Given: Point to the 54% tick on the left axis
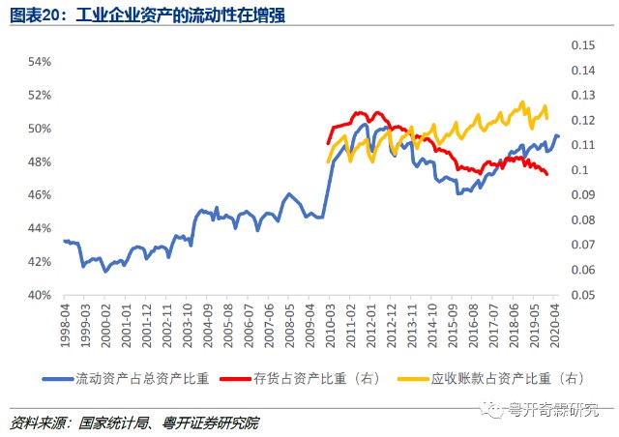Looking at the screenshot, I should point(39,62).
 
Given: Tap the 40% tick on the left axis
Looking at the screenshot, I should point(39,295).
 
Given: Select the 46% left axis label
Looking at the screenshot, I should point(39,195).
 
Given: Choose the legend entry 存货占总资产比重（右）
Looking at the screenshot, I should point(307,378).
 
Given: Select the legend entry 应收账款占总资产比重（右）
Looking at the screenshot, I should point(510,378).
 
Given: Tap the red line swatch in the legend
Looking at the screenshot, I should point(235,378).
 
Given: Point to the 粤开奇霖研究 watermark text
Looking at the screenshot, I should point(560,409).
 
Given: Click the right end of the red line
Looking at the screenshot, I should point(547,174).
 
